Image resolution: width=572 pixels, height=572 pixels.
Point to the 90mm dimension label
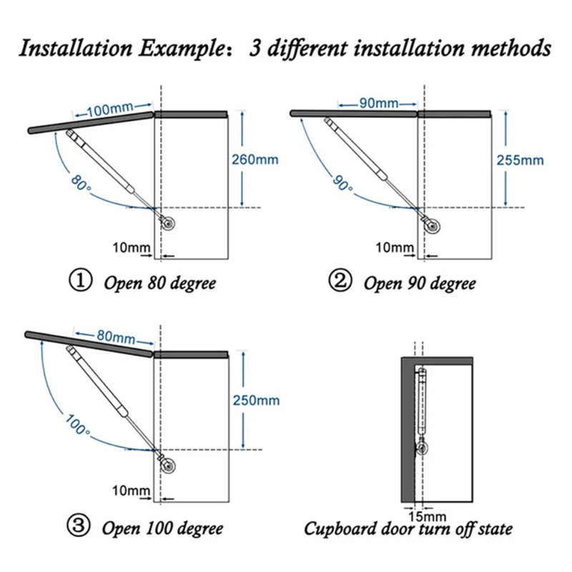tap(378, 104)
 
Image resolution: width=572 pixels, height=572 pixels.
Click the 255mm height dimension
tap(520, 159)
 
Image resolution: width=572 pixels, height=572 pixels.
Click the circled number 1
tap(79, 281)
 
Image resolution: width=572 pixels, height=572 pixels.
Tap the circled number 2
tap(340, 281)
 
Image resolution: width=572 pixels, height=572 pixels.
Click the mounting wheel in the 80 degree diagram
tap(168, 223)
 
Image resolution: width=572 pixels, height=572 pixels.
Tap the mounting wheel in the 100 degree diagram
tap(169, 465)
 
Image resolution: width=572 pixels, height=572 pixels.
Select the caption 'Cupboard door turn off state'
tap(408, 530)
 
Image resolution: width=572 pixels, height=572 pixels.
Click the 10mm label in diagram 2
tap(395, 247)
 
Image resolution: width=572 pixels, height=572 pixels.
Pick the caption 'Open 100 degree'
tap(162, 529)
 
